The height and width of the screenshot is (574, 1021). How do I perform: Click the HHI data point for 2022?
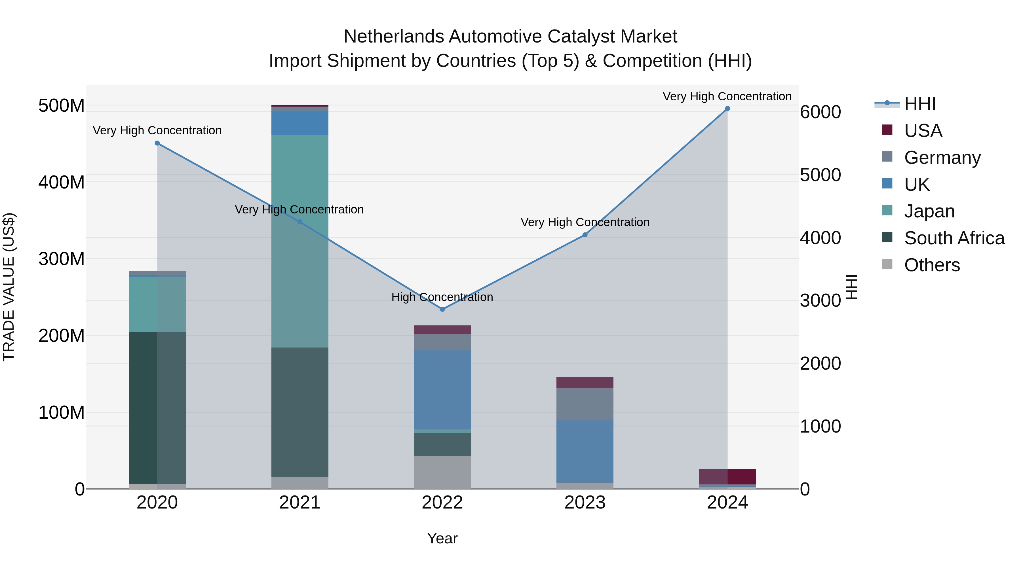pos(442,309)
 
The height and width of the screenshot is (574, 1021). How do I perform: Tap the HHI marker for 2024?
pos(727,109)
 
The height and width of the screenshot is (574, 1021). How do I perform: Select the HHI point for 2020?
pos(157,143)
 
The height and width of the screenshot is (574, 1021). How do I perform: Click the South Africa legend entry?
pos(954,238)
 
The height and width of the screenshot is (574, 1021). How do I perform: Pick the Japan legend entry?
pos(929,211)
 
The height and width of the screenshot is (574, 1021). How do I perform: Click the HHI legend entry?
pos(919,103)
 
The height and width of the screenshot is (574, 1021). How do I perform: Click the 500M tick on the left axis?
pos(62,106)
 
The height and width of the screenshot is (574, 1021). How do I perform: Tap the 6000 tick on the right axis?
pos(820,112)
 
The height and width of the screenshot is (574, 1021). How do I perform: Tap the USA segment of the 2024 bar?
pos(727,476)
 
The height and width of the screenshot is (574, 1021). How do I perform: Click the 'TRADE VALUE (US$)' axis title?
pos(9,287)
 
